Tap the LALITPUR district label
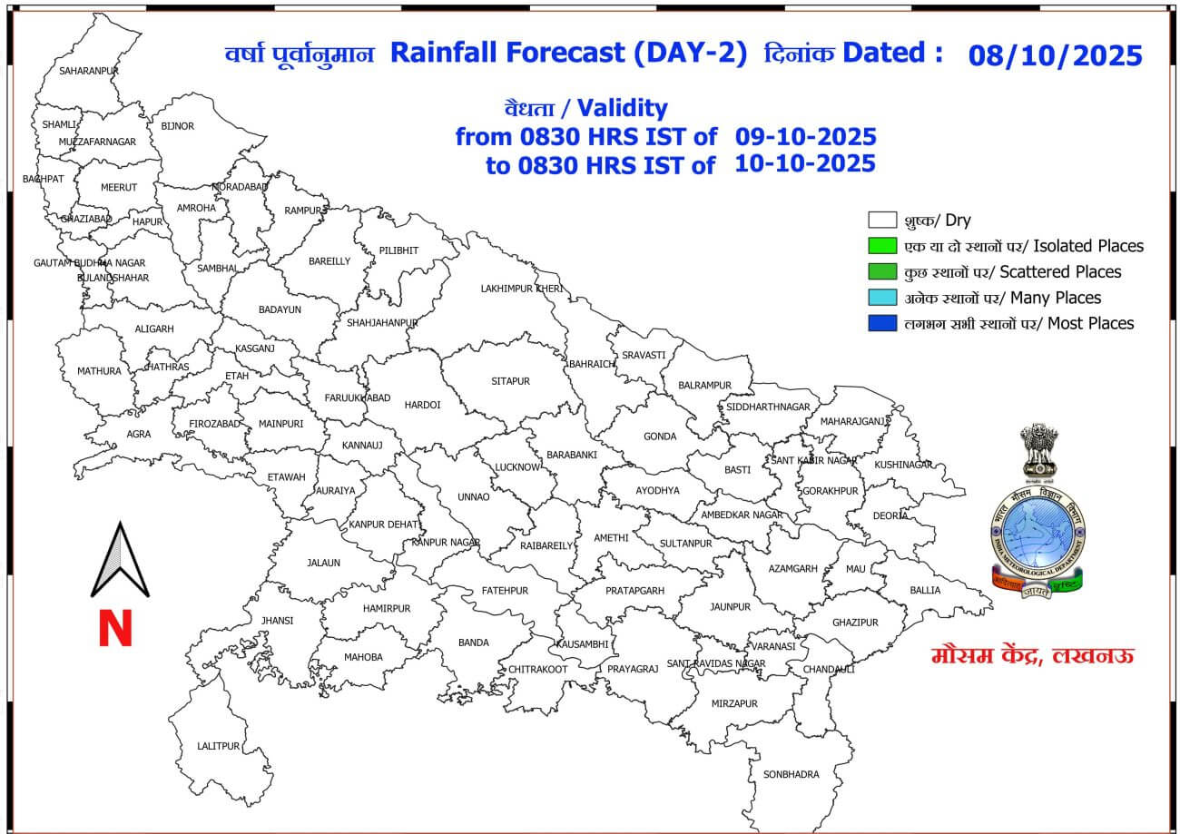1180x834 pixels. coord(218,746)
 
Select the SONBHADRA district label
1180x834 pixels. coord(791,774)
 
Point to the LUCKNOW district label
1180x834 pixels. coord(518,466)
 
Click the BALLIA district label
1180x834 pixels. coord(925,590)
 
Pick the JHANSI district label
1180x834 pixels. coord(277,621)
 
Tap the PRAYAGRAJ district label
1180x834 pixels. coord(632,669)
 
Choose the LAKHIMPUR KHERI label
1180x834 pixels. coord(522,289)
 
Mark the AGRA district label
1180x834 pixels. coord(139,434)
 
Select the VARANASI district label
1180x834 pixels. coord(773,646)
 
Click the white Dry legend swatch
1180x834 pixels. coord(881,221)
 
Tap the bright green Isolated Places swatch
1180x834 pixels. coord(881,246)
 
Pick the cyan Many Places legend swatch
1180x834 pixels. coord(881,298)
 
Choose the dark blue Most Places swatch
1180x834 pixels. coord(881,323)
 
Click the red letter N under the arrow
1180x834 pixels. coord(115,629)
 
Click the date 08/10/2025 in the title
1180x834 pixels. coord(1055,55)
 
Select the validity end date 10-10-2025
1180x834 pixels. coord(805,163)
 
